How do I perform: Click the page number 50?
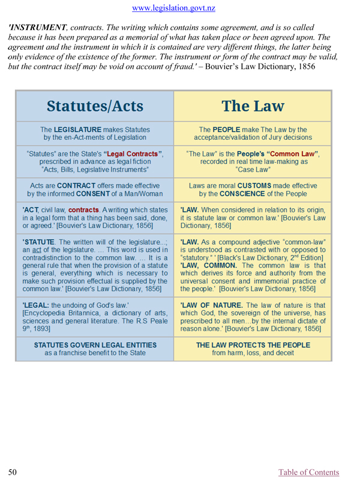[12, 473]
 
